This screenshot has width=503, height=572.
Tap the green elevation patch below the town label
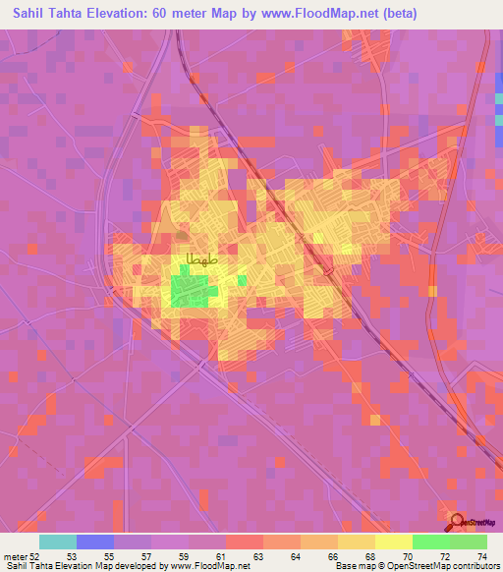coord(190,291)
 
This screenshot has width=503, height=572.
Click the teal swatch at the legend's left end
coord(57,542)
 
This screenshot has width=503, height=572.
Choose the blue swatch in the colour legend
coord(94,542)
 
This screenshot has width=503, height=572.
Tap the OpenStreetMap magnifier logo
coord(457,522)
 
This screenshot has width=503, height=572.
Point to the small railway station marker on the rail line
coord(330,268)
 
